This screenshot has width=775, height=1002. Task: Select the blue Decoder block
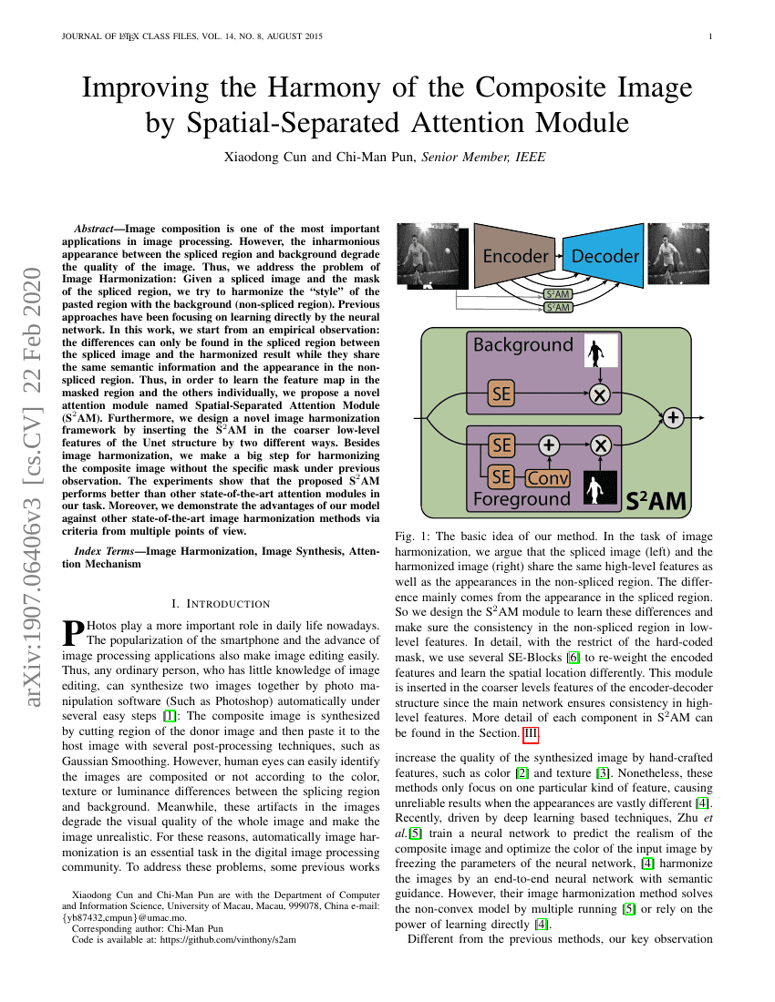pyautogui.click(x=604, y=256)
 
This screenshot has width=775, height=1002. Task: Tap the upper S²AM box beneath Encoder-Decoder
pyautogui.click(x=557, y=294)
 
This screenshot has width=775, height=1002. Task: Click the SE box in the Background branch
pyautogui.click(x=501, y=394)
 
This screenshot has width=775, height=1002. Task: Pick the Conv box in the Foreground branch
pyautogui.click(x=547, y=477)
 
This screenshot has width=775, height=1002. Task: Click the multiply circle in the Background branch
pyautogui.click(x=599, y=394)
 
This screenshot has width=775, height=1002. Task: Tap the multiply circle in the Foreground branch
pyautogui.click(x=599, y=445)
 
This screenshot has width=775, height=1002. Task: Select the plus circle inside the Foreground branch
pyautogui.click(x=548, y=445)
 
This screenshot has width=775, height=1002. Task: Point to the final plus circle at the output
pyautogui.click(x=673, y=418)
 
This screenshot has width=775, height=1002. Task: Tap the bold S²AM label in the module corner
pyautogui.click(x=656, y=500)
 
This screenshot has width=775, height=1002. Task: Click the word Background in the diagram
pyautogui.click(x=522, y=345)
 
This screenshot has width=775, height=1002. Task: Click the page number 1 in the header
pyautogui.click(x=709, y=37)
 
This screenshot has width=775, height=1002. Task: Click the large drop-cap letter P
pyautogui.click(x=72, y=631)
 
